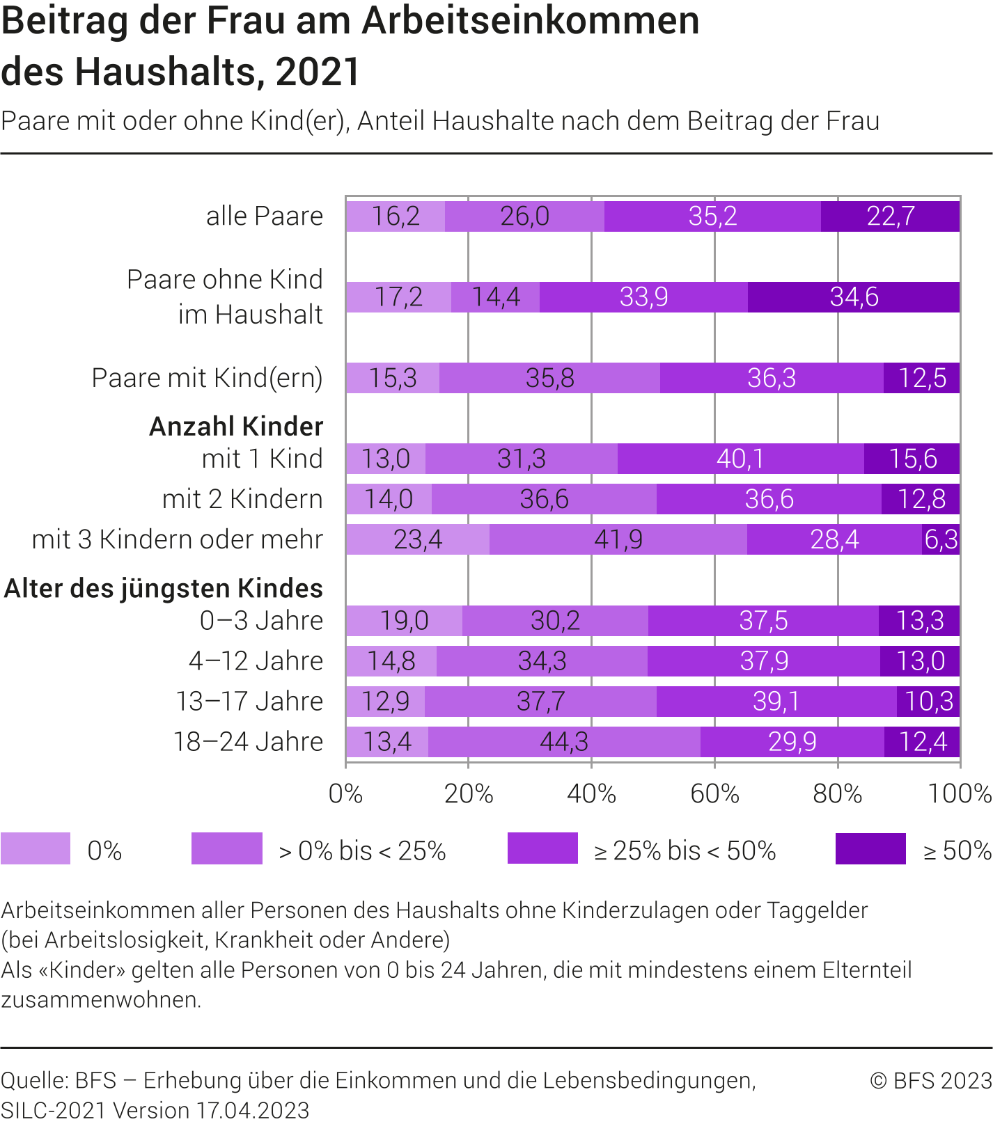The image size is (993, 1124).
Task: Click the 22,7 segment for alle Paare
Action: coord(890,216)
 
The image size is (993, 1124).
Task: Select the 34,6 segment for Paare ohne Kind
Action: coord(854,297)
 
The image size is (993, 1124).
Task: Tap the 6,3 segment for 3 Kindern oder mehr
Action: coord(941,539)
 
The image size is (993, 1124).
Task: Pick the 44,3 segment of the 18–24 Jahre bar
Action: coord(564,742)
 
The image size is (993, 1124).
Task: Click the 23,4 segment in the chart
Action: coord(418,539)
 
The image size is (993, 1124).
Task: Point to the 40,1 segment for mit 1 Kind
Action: coord(740,459)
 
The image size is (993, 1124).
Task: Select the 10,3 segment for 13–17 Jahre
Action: coord(928,702)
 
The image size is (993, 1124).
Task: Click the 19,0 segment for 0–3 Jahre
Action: coord(404,621)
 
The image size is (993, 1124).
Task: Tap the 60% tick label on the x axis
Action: coord(714,794)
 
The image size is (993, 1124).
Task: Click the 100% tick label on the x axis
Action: coord(960,794)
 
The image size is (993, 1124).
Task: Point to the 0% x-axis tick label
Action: coord(346,794)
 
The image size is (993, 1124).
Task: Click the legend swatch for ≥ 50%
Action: coord(870,848)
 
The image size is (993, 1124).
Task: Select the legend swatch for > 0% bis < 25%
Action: coord(227,848)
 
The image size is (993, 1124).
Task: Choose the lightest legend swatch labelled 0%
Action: coord(36,848)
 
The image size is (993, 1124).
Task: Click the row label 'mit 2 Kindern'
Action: coord(242,500)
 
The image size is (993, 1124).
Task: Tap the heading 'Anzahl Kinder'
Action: coord(236,426)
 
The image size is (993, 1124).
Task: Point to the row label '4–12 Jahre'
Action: coord(256,661)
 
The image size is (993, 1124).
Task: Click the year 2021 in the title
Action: coord(318,72)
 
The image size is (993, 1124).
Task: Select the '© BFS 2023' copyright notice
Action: coord(930,1080)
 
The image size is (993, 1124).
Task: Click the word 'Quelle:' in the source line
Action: coord(34,1080)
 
